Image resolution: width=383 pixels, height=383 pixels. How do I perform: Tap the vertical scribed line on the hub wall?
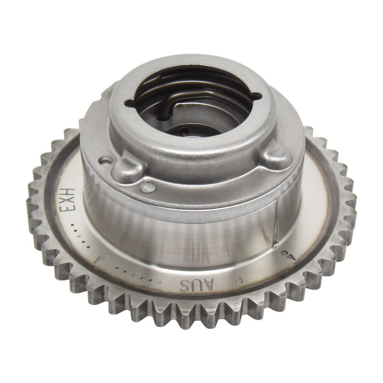[x=276, y=225]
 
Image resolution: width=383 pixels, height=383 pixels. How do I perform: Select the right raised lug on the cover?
[x=277, y=156]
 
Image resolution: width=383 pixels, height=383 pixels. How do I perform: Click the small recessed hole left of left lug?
[x=101, y=158]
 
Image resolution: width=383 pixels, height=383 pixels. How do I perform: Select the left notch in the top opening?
[x=130, y=102]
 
